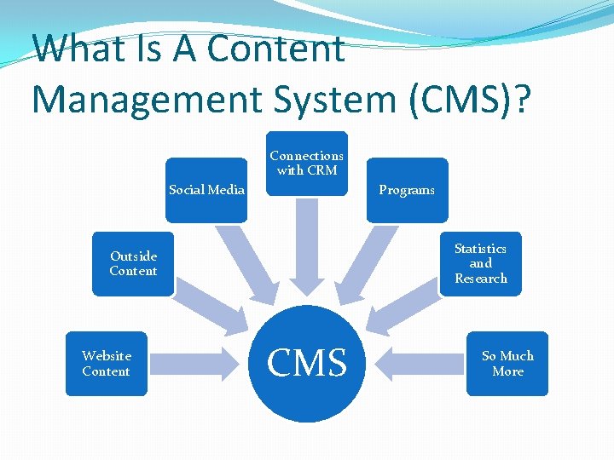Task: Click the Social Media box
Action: [206, 190]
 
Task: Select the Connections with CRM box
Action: [307, 163]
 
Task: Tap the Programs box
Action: [407, 190]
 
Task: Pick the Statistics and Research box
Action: [480, 263]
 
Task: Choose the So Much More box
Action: [507, 364]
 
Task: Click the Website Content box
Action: [107, 364]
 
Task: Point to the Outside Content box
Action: [133, 263]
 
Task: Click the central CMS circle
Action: [307, 363]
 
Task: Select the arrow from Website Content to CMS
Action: [196, 364]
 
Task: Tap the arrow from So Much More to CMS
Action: [418, 364]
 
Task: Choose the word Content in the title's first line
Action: [276, 49]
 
